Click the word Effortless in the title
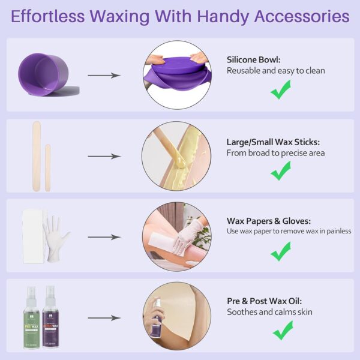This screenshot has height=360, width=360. pyautogui.click(x=49, y=16)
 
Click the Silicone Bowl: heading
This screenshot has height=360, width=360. pyautogui.click(x=254, y=59)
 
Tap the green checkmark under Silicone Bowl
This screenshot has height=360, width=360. pyautogui.click(x=281, y=91)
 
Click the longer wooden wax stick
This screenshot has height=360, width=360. pyautogui.click(x=35, y=155)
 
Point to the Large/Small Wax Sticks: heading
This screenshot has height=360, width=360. pyautogui.click(x=273, y=142)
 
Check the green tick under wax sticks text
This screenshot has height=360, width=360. pyautogui.click(x=281, y=171)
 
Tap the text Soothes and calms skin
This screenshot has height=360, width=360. pyautogui.click(x=269, y=312)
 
